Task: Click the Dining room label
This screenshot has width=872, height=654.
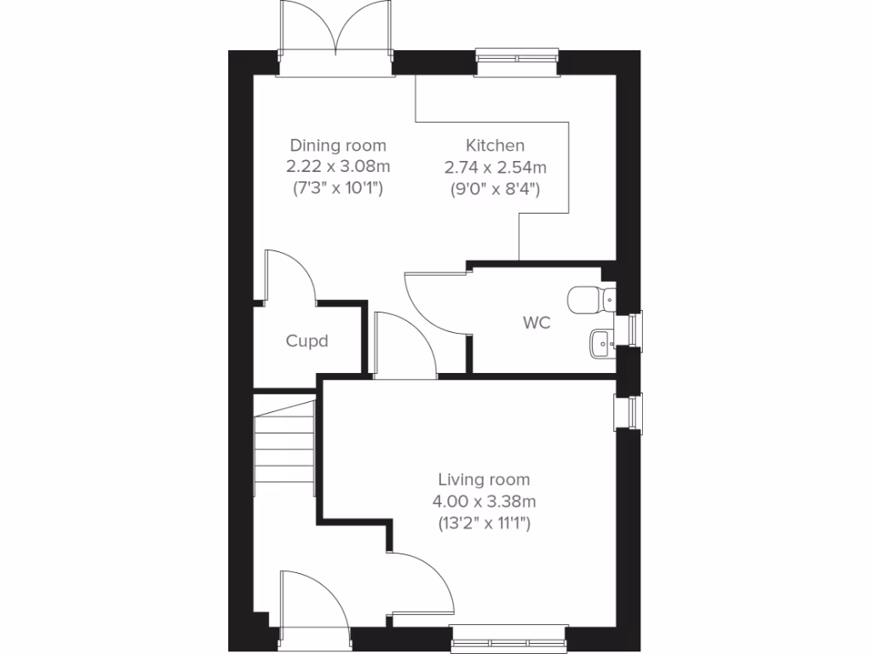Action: pos(338,146)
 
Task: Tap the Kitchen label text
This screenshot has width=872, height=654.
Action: pos(495,146)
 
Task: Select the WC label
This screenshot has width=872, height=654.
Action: pos(536,323)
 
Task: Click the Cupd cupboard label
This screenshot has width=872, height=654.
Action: pos(307,341)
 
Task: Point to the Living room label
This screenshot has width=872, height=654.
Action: pos(484,480)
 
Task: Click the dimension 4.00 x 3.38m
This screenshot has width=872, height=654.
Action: pos(484,502)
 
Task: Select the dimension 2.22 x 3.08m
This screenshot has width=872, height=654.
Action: pos(338,167)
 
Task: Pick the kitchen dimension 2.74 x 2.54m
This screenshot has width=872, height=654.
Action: pos(495,167)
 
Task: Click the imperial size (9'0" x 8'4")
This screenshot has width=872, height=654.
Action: pos(495,189)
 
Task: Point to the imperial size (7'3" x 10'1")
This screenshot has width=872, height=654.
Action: pos(338,189)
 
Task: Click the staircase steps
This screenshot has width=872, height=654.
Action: pos(285,447)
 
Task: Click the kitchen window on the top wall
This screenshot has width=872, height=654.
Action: pos(517,60)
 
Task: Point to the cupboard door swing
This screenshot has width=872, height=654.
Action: pos(290,277)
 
